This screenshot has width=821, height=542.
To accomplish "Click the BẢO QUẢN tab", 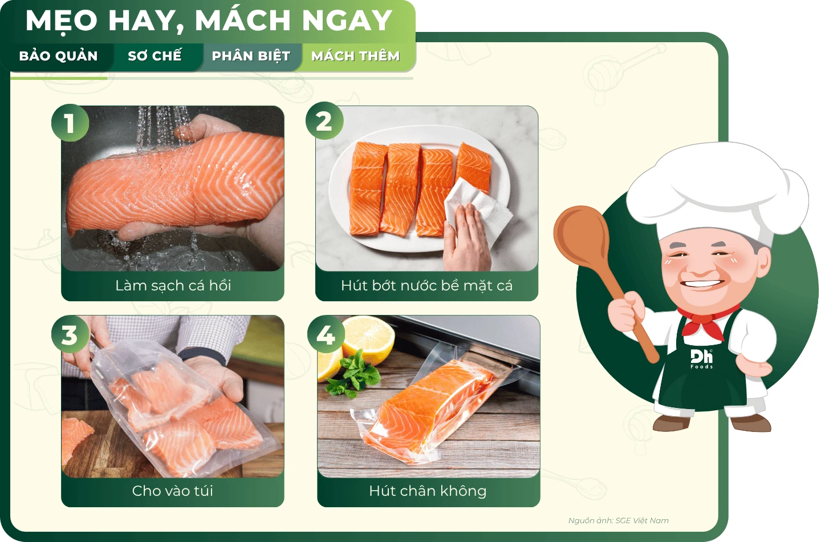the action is [x=58, y=56].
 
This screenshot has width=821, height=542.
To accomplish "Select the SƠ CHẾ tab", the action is [x=155, y=56].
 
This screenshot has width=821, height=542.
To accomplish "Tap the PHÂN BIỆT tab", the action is [x=251, y=56].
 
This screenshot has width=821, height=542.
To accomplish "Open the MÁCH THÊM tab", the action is [x=356, y=56].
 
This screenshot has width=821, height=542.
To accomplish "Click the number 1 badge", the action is [x=70, y=123].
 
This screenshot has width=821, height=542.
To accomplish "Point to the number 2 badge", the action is [x=324, y=121].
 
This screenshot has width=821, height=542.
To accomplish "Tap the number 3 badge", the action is [x=70, y=334].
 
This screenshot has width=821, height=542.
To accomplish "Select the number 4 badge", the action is [x=326, y=334].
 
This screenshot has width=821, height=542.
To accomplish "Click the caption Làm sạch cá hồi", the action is [x=173, y=286].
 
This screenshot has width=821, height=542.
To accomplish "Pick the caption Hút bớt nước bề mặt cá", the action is [x=426, y=286].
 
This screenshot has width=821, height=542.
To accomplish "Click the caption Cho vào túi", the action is [x=173, y=491].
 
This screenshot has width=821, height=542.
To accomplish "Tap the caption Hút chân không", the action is [x=428, y=491].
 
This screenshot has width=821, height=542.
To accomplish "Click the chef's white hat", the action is [x=717, y=191].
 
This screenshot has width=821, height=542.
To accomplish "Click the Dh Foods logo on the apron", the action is [x=701, y=359].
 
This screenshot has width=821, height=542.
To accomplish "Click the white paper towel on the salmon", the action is [x=478, y=209].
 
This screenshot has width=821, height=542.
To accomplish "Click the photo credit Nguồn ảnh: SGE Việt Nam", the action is [x=618, y=520].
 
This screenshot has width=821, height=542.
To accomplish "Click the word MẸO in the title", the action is [x=61, y=21].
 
